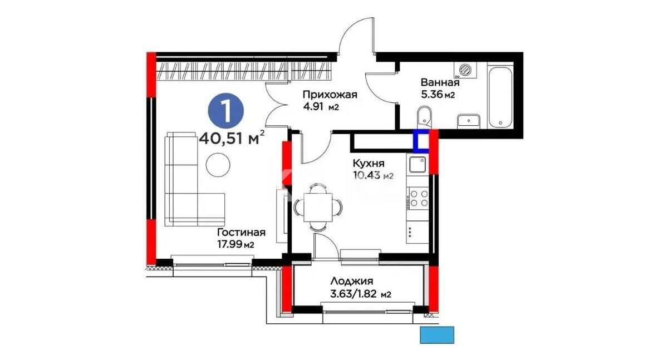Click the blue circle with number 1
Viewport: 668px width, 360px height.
226,110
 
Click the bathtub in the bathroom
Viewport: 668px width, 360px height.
502,96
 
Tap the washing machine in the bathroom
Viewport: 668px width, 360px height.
466,70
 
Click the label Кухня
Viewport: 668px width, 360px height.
368,164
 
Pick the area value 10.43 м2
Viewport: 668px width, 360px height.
373,176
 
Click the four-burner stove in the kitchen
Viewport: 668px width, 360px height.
418,198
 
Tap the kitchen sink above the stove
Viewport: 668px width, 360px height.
417,165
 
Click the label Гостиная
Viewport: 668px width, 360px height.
241,233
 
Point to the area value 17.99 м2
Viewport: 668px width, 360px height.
236,244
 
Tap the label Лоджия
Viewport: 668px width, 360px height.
351,282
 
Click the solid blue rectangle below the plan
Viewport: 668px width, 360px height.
437,335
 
